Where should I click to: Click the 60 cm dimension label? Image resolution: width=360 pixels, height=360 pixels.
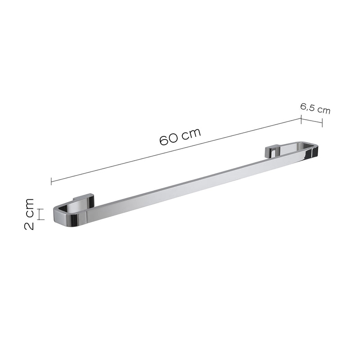tap(180, 137)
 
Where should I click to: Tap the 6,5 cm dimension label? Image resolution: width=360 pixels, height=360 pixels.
tap(315, 108)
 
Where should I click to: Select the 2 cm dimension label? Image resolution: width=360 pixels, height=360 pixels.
tap(29, 214)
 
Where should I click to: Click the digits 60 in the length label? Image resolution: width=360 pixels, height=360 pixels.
tap(169, 140)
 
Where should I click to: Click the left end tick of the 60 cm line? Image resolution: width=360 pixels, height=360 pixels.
tap(51, 181)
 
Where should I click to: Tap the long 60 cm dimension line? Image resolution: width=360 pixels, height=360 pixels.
tap(176, 150)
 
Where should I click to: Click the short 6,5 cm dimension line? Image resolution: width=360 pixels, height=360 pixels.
tap(312, 121)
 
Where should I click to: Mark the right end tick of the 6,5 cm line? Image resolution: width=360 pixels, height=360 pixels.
tap(322, 122)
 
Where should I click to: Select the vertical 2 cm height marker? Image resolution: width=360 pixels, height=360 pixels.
tap(40, 214)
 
